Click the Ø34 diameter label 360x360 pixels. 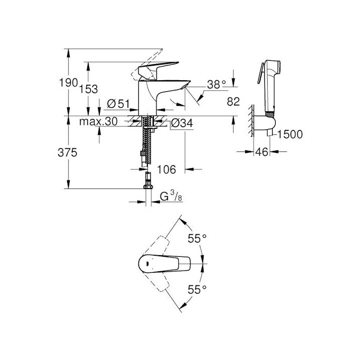point(181,122)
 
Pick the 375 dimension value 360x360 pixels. point(68,153)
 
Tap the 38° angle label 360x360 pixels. point(217,85)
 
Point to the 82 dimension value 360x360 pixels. point(234,102)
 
